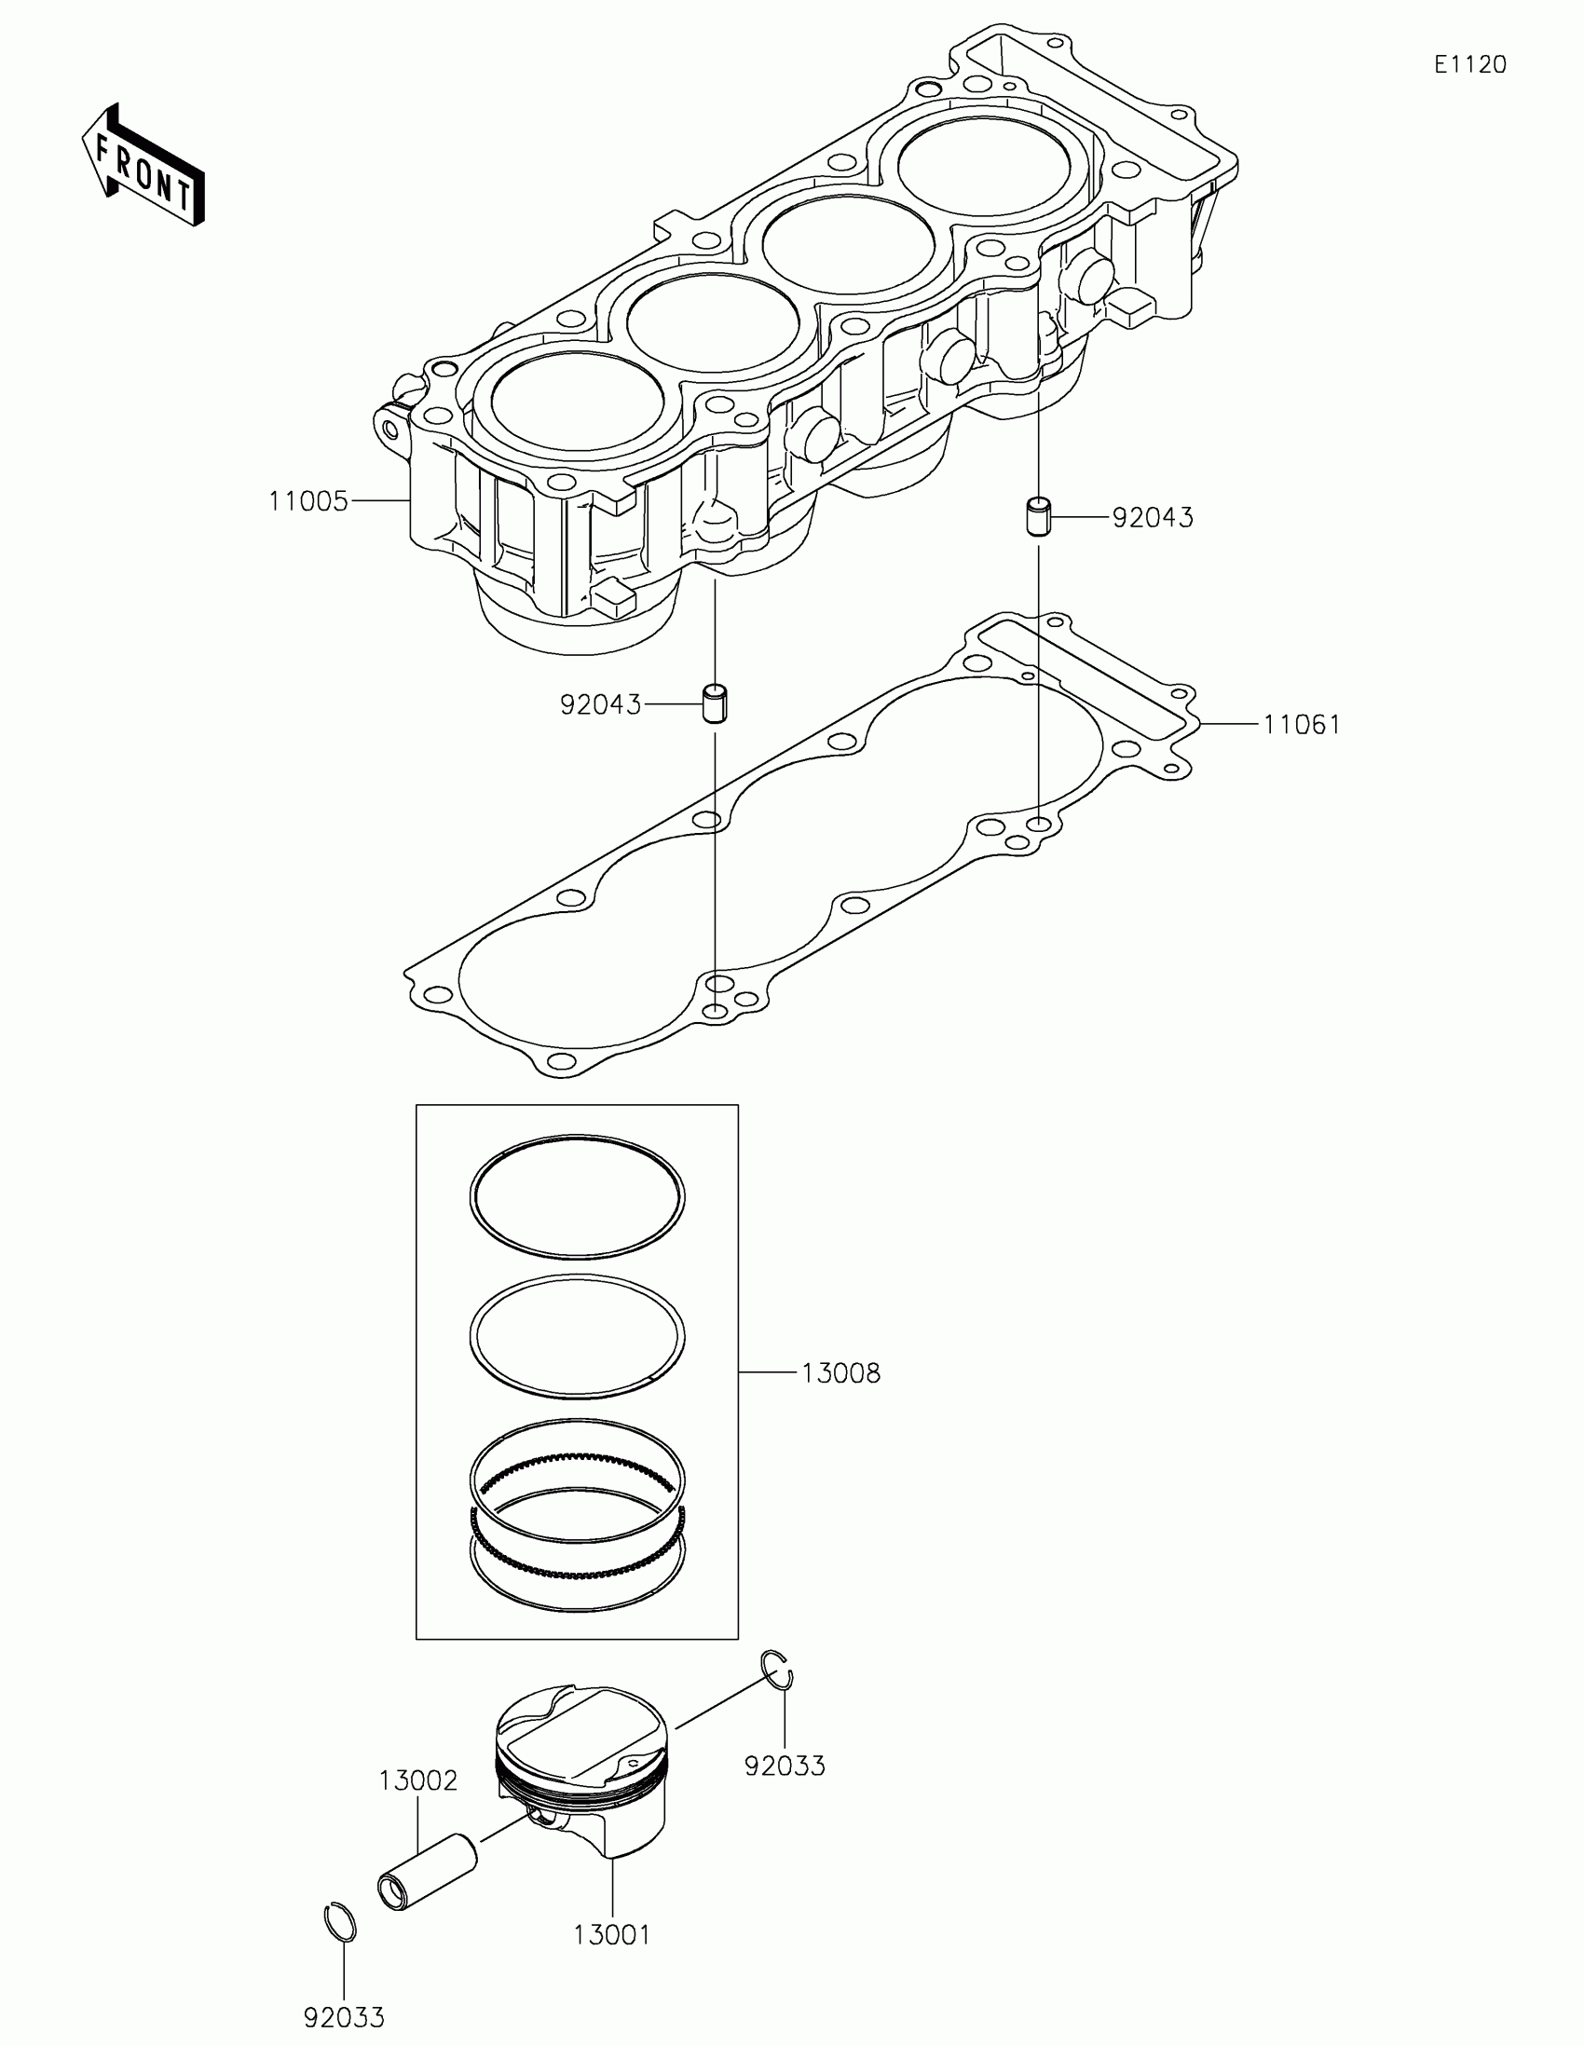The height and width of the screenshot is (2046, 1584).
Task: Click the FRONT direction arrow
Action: click(x=143, y=165)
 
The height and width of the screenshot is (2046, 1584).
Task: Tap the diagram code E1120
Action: click(x=1469, y=64)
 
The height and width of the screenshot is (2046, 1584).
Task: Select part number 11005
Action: click(x=308, y=501)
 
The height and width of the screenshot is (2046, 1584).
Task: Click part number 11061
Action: click(x=1301, y=724)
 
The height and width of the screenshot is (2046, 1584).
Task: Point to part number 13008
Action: click(x=840, y=1373)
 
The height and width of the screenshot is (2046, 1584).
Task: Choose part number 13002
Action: click(x=417, y=1780)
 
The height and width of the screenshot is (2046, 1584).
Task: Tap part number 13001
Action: click(x=611, y=1933)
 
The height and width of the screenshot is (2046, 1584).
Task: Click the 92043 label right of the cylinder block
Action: click(x=1153, y=518)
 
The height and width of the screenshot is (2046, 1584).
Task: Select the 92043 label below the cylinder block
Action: click(x=600, y=704)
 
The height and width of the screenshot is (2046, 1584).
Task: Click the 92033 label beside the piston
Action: click(x=785, y=1766)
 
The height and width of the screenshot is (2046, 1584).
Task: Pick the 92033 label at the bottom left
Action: click(x=344, y=2017)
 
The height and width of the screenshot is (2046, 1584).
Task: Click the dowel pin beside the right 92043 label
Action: click(x=1037, y=517)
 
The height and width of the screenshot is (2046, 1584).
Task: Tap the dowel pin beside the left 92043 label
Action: click(x=717, y=703)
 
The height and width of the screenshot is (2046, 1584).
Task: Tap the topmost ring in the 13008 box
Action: click(x=576, y=1196)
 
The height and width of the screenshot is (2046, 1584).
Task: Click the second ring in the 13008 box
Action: click(x=576, y=1336)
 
